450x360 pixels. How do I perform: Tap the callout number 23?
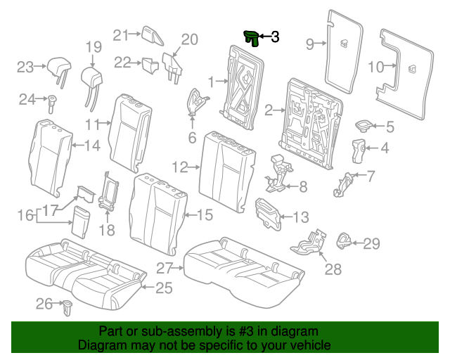click(25, 67)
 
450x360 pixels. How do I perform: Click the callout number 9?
click(310, 45)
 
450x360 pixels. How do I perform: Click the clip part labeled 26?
click(69, 306)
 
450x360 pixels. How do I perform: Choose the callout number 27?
click(165, 267)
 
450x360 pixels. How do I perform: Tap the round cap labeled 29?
click(346, 240)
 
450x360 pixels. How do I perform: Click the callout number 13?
click(300, 217)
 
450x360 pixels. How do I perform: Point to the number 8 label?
click(303, 187)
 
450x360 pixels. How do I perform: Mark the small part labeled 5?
click(364, 126)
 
